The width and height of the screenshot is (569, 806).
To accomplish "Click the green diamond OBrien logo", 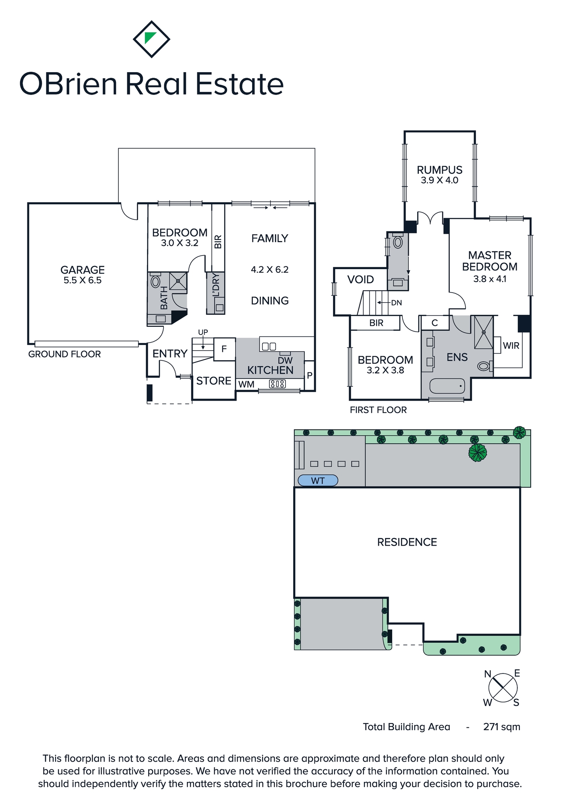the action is [x=151, y=39].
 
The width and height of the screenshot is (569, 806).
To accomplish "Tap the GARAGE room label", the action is [x=83, y=270].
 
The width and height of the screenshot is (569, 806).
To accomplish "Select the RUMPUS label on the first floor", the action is [x=439, y=170].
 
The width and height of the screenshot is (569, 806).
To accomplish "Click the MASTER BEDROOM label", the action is [x=490, y=261].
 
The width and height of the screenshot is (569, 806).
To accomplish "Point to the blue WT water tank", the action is [x=318, y=480].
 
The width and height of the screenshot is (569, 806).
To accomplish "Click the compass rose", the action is [x=503, y=688].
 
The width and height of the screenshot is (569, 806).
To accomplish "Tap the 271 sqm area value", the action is [x=502, y=727].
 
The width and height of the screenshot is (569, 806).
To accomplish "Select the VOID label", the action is [x=360, y=279].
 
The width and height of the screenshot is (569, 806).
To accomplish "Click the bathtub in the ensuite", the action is [x=447, y=386].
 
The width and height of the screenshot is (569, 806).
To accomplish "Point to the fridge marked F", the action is [x=224, y=349].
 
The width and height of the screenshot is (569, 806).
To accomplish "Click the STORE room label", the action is [x=214, y=381].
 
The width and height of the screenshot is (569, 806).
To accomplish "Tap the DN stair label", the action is [x=396, y=303].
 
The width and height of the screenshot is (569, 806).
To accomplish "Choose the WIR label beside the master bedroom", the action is [x=511, y=345].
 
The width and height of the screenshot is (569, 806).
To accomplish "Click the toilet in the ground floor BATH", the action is [x=155, y=280].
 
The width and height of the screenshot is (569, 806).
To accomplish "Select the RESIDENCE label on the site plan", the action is [x=407, y=542].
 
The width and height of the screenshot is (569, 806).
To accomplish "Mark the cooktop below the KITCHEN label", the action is [x=277, y=384].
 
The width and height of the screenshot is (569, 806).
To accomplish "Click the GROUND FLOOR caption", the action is [x=64, y=354].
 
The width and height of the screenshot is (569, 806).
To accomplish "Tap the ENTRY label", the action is [x=170, y=353].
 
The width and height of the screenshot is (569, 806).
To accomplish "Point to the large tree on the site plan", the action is [x=478, y=453].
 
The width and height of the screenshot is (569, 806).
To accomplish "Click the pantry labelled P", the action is [x=309, y=376].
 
